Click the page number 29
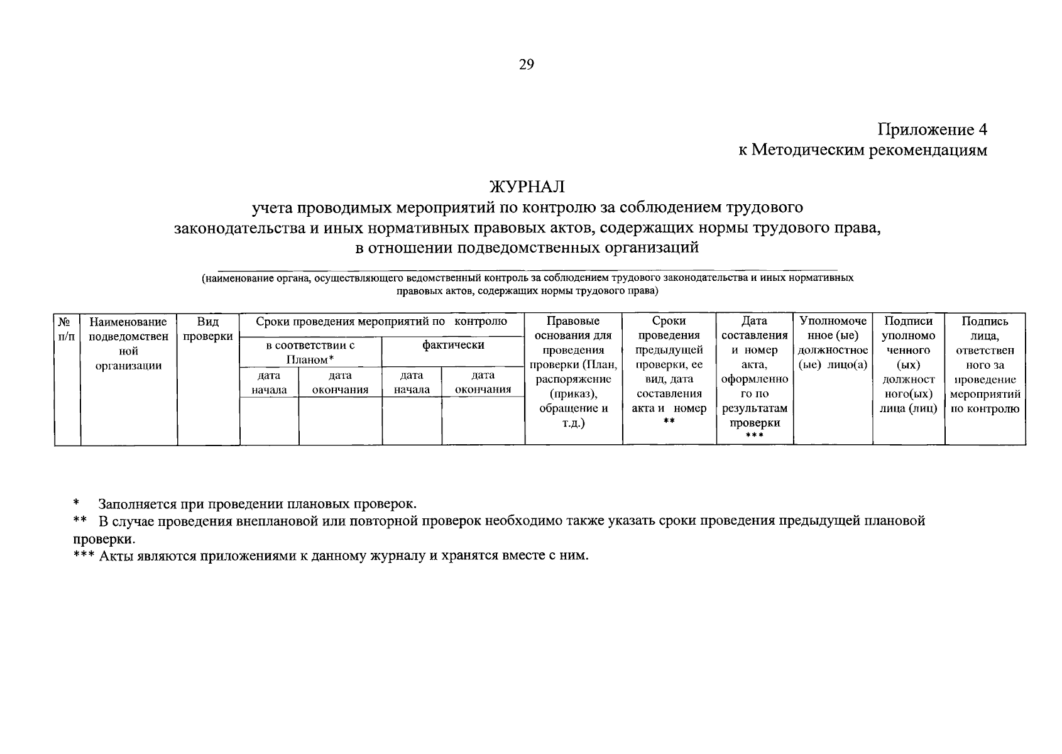click(526, 65)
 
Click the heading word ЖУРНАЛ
click(527, 187)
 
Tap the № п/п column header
click(67, 329)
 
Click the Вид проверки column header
click(208, 329)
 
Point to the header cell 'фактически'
click(452, 345)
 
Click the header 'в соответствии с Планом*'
click(310, 352)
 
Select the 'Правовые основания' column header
click(573, 372)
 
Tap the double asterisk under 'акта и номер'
click(669, 422)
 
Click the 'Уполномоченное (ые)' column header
click(833, 343)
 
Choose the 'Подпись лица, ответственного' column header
click(985, 364)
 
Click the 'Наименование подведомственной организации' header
click(128, 343)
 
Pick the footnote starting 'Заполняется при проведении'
click(256, 504)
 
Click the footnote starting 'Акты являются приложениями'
click(342, 556)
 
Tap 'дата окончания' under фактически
click(483, 382)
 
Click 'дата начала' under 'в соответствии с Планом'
click(269, 382)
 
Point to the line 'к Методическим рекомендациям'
click(863, 150)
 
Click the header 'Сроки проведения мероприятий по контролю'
click(381, 322)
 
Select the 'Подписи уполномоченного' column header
click(908, 364)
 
